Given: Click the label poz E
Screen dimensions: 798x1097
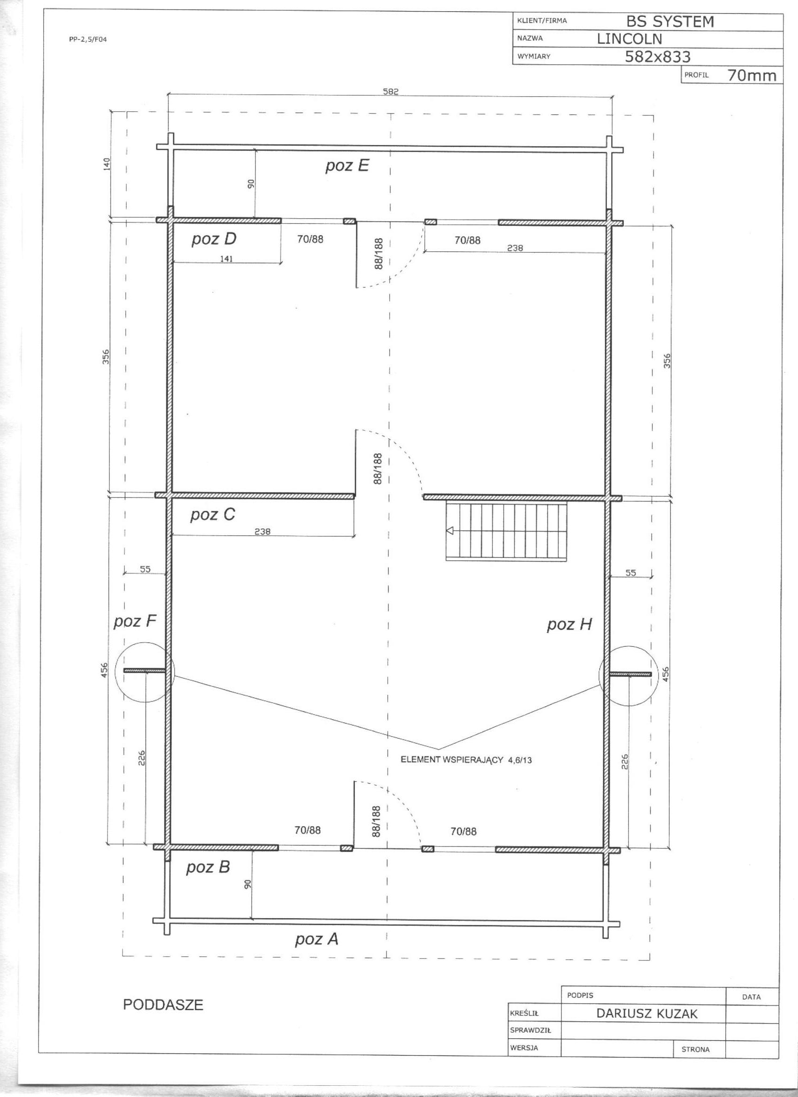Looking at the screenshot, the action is (x=347, y=166).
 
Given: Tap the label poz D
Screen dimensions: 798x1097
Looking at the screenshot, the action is (x=214, y=239).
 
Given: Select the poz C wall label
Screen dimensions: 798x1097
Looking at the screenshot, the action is (x=213, y=515).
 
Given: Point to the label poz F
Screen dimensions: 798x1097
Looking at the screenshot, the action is (x=135, y=622).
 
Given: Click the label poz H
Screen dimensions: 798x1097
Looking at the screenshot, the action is (x=569, y=625).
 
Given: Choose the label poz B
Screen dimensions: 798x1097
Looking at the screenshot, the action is (x=208, y=867).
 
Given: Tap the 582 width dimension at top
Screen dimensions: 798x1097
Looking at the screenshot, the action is (x=391, y=91).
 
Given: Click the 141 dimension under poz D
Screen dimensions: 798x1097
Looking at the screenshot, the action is (x=226, y=259).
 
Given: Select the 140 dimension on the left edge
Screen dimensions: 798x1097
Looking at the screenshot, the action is (x=107, y=164).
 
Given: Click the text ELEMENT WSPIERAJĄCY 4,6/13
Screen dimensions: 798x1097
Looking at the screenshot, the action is (x=466, y=760).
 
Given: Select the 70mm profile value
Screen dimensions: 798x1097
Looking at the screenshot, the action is (x=752, y=76).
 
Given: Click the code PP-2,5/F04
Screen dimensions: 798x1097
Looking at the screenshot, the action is (x=88, y=40).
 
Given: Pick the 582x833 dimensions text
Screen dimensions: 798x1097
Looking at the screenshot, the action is (x=658, y=57).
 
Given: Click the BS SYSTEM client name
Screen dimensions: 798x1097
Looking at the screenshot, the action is (x=670, y=22).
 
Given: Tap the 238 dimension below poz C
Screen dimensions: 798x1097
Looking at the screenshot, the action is (x=262, y=532).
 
